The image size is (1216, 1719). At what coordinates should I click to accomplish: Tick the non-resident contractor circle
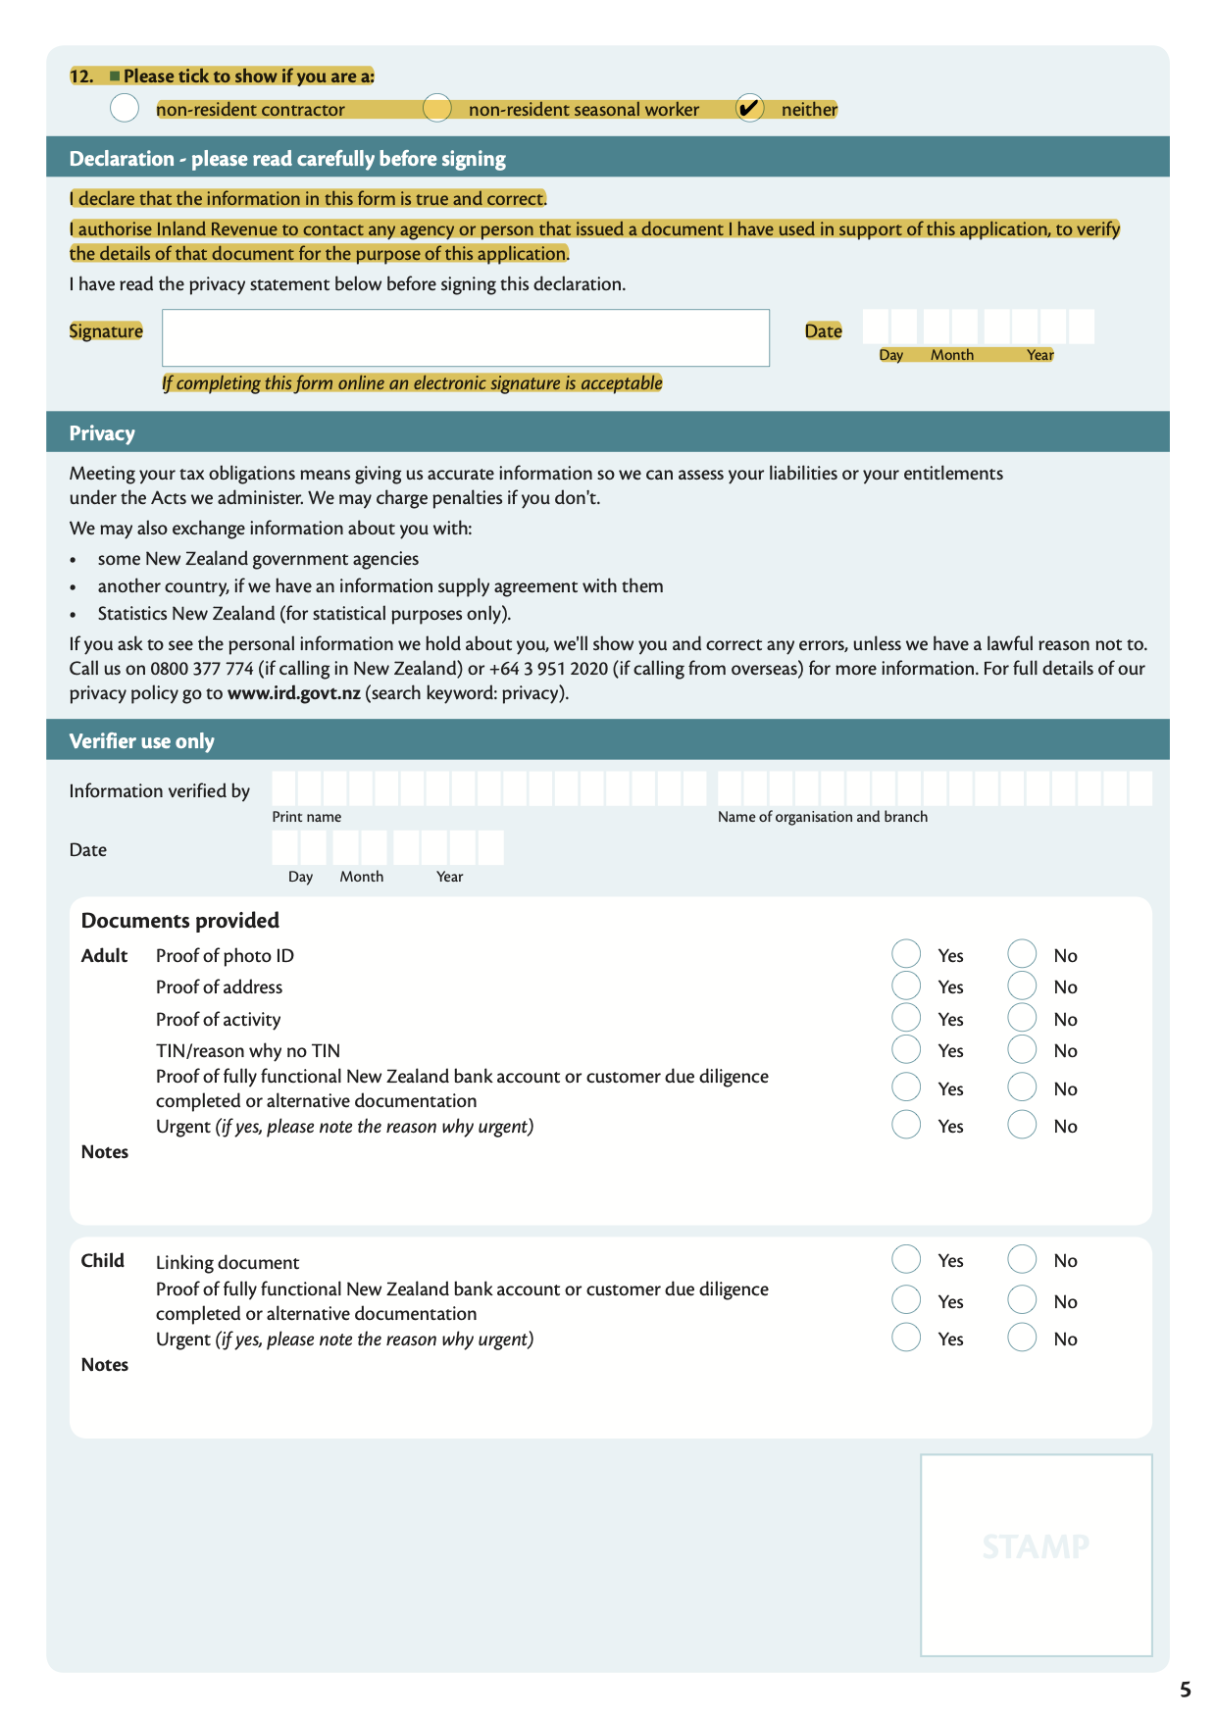tap(125, 108)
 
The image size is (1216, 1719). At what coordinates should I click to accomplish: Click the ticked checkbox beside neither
tap(749, 108)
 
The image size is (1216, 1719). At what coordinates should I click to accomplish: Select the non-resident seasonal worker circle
tap(437, 108)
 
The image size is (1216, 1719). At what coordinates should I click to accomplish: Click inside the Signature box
tap(465, 338)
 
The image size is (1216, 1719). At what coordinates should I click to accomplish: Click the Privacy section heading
tap(102, 433)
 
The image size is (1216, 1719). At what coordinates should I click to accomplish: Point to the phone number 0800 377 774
tap(201, 669)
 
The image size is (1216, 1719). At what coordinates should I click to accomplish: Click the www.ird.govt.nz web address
tap(293, 693)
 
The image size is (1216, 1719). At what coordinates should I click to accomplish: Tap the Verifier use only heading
tap(141, 741)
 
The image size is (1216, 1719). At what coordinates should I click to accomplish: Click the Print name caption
tap(307, 817)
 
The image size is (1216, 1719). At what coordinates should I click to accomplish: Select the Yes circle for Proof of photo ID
tap(906, 954)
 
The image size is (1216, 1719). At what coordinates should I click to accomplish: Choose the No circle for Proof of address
tap(1022, 986)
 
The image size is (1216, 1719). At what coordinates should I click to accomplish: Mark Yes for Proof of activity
tap(906, 1018)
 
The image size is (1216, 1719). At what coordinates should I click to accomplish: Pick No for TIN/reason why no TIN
tap(1022, 1050)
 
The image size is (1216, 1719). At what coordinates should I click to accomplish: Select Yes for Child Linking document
tap(906, 1259)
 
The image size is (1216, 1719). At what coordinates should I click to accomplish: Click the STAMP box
tap(1036, 1555)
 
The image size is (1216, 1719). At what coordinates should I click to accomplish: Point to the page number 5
tap(1186, 1690)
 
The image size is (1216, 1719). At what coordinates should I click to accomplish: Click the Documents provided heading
tap(180, 921)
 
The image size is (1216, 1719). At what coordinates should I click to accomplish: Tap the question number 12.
tap(81, 76)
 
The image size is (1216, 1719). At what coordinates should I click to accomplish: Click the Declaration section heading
tap(287, 159)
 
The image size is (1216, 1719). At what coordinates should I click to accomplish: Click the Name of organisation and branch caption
tap(822, 817)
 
